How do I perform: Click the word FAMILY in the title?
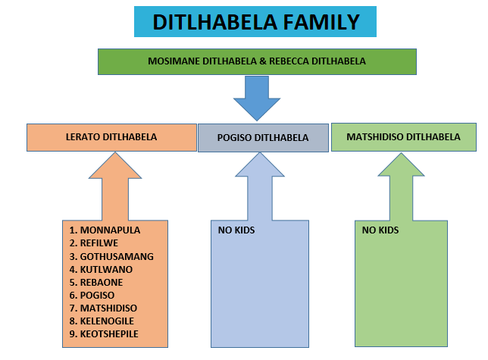(x=321, y=22)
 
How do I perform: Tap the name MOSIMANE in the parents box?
(x=174, y=61)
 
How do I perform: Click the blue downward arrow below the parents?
(x=257, y=99)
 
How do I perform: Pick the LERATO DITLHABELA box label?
(x=111, y=137)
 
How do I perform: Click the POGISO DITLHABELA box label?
(x=263, y=137)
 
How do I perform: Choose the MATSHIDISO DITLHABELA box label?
(x=403, y=137)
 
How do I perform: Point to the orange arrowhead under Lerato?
(x=115, y=165)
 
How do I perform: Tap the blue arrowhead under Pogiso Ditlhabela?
(x=260, y=164)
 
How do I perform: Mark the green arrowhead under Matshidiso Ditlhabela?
(x=401, y=164)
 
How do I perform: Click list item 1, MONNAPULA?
(x=110, y=230)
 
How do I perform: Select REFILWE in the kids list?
(x=99, y=243)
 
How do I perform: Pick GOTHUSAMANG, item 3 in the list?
(x=117, y=256)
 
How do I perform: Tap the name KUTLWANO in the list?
(x=106, y=270)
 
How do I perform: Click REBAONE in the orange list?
(x=102, y=282)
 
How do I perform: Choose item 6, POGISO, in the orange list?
(x=97, y=296)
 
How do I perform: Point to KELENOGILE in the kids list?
(x=107, y=321)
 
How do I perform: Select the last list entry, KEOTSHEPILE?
(x=109, y=334)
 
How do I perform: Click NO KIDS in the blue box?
(x=236, y=230)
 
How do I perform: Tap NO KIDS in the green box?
(x=380, y=230)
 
